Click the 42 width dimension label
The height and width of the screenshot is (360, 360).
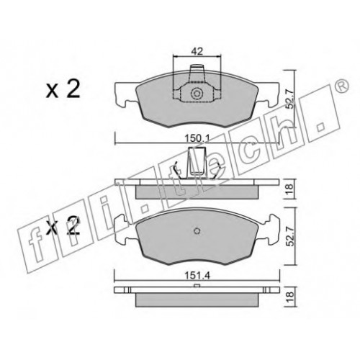coord(197,51)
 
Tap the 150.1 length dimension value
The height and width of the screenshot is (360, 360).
coord(197,138)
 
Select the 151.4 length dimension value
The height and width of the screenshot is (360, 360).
coord(197,276)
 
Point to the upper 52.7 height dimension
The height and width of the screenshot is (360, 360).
coord(291,98)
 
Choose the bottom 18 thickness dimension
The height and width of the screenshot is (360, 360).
coord(290,297)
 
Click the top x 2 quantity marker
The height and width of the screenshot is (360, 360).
coord(63,91)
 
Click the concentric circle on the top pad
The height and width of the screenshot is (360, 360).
coord(197,94)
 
